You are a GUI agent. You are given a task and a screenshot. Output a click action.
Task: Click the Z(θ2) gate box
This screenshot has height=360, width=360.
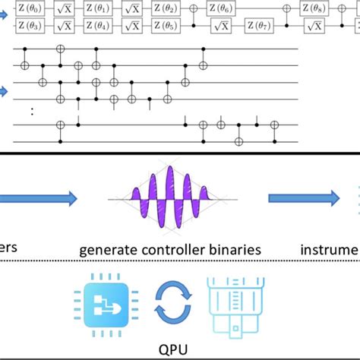coord(166,8)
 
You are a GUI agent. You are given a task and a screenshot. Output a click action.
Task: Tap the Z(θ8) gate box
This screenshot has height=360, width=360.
coord(314,8)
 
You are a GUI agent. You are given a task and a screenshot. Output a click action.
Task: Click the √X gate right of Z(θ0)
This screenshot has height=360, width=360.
coord(66,8)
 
